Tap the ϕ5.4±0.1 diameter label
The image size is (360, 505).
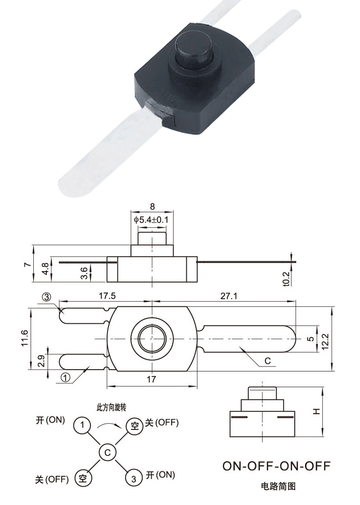coord(153,220)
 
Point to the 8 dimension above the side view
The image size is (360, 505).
coord(153,207)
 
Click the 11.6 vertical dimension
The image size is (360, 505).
coord(25,338)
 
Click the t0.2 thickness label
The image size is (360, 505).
coord(285,278)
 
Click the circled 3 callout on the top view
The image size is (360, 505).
coord(47,297)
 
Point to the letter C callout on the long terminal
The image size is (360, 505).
coord(267,361)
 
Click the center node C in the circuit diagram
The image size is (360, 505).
coord(108,452)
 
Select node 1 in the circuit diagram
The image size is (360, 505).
coord(82,425)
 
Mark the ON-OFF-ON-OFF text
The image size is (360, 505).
coord(276,466)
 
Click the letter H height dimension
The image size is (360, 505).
coord(316,411)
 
